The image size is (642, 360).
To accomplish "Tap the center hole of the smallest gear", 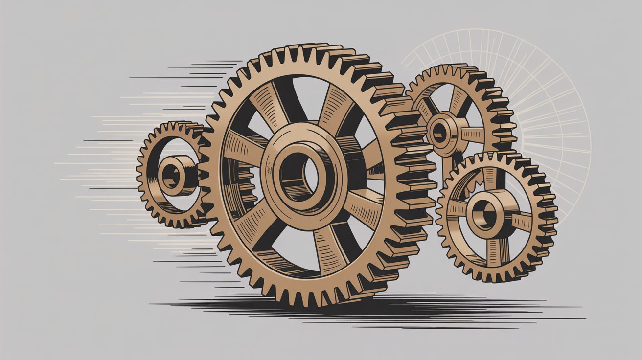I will (171, 175).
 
